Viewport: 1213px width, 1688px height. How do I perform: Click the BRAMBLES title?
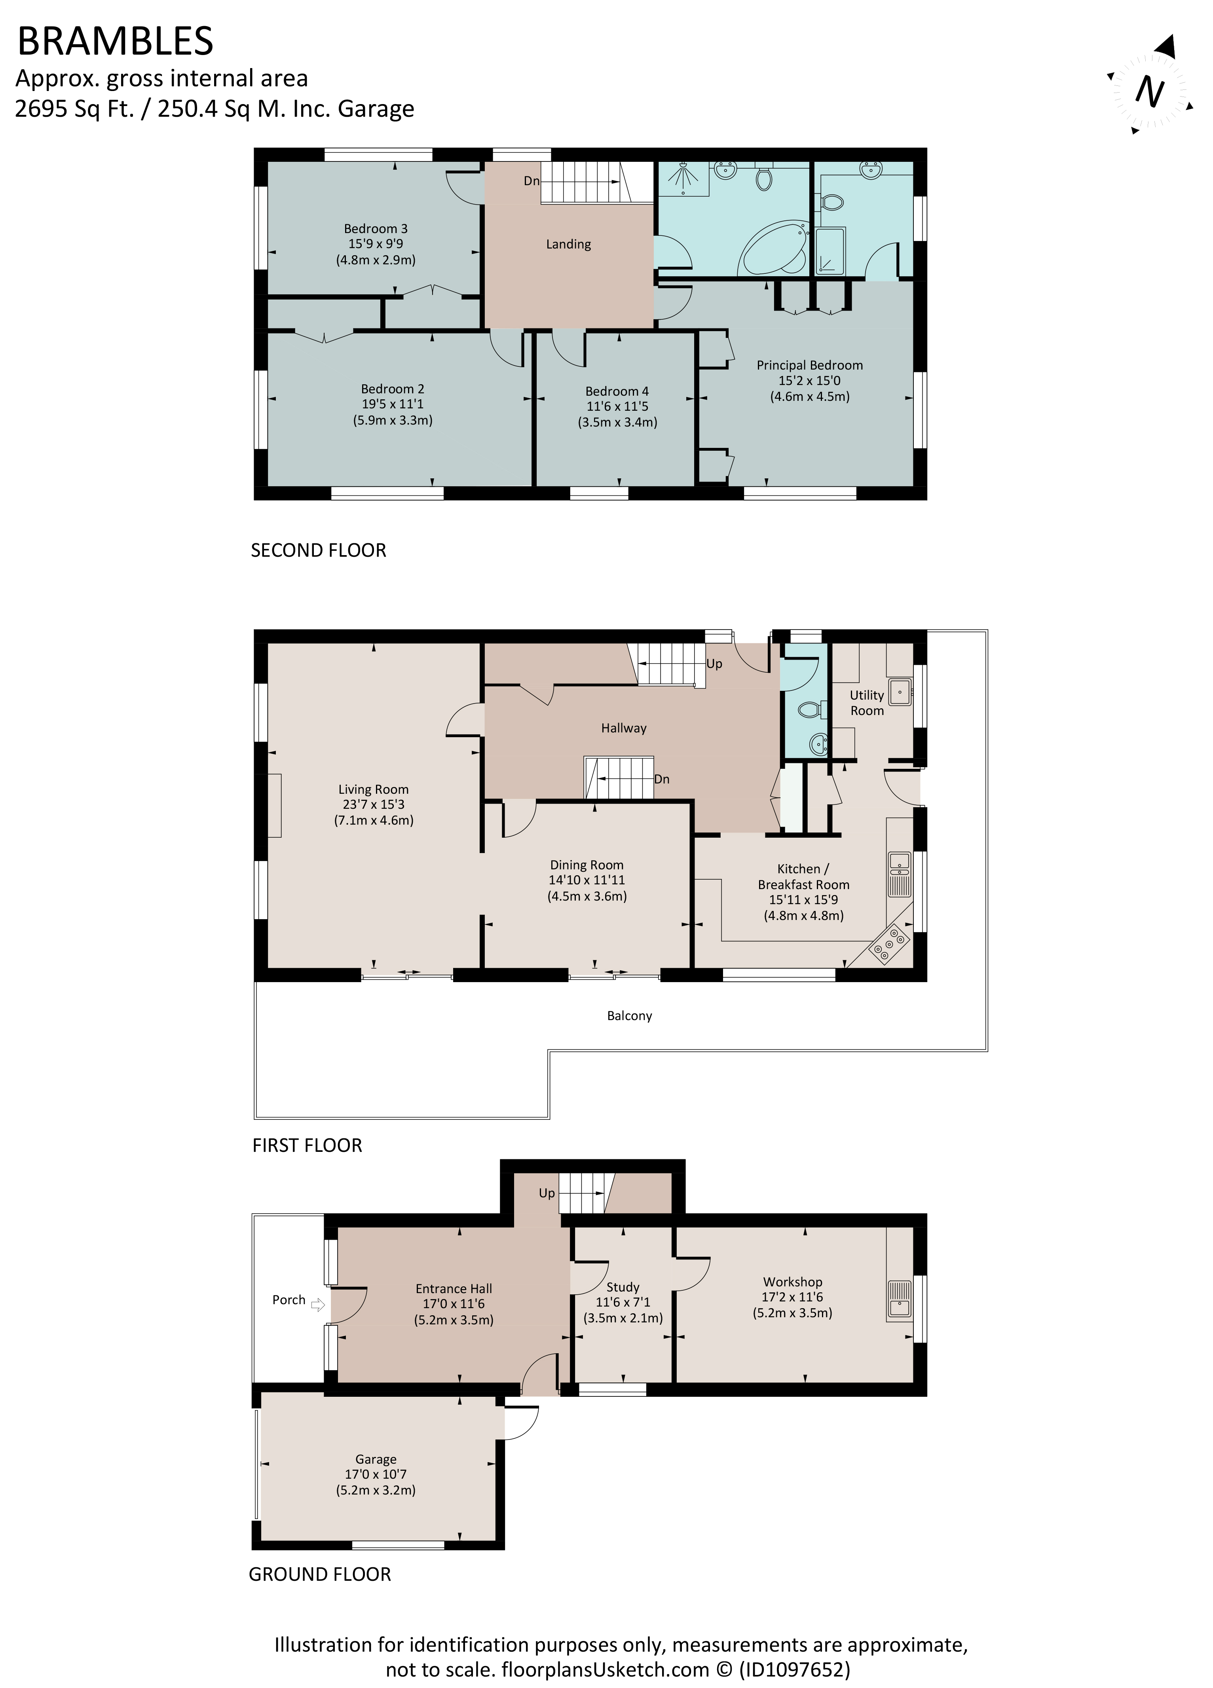click(116, 42)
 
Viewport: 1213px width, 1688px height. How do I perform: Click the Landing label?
click(568, 244)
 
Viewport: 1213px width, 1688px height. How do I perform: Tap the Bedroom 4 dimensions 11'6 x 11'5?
click(617, 406)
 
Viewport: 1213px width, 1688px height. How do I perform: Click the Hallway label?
click(624, 728)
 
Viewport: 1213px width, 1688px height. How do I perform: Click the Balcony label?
click(629, 1016)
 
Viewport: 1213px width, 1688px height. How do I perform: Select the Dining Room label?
click(587, 865)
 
